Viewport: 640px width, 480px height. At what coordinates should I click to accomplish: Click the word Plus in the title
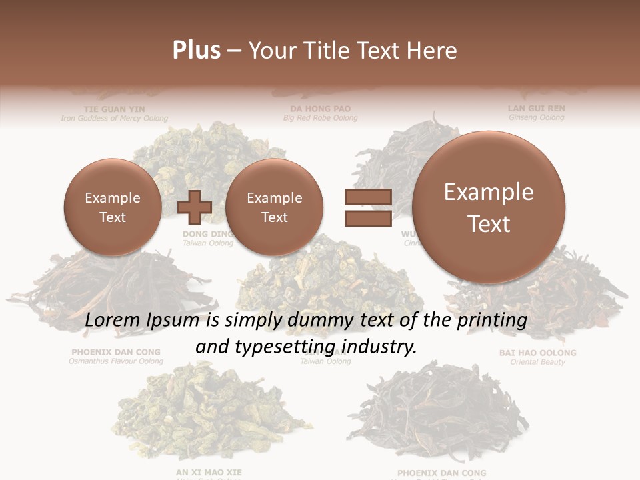click(x=196, y=51)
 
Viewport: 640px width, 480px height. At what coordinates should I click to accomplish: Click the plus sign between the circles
click(x=195, y=207)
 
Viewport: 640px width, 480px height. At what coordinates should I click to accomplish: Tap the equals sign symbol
click(x=367, y=207)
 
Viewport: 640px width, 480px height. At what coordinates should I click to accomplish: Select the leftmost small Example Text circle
click(x=112, y=207)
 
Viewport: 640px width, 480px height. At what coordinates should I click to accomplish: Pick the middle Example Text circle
click(x=274, y=207)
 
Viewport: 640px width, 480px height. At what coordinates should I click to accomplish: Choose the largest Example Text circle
click(x=489, y=207)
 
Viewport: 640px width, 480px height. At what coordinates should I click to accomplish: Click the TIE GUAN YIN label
click(x=114, y=108)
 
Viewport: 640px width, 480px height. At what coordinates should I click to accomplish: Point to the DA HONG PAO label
click(x=320, y=108)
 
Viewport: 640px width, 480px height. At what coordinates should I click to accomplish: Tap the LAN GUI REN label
click(x=536, y=108)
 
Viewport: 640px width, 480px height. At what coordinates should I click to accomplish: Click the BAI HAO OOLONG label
click(x=537, y=353)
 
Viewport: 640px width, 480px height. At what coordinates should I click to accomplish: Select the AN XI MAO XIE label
click(x=209, y=473)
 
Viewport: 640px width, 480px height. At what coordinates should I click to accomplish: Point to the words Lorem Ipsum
click(x=142, y=320)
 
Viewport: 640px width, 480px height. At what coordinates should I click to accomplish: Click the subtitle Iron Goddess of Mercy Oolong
click(x=114, y=118)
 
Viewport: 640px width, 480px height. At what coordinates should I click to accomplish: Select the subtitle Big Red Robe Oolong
click(x=320, y=118)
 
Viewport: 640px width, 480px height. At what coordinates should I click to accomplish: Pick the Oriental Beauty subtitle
click(x=537, y=362)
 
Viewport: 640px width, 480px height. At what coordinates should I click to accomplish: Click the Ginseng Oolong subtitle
click(x=536, y=117)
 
